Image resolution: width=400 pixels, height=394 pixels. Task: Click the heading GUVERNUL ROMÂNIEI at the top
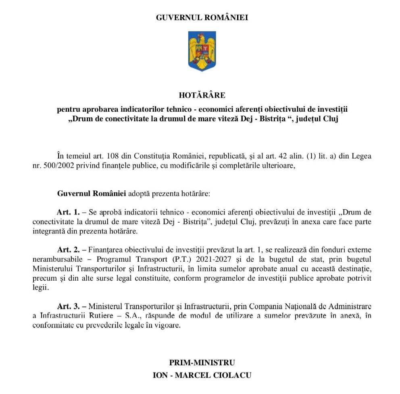202,18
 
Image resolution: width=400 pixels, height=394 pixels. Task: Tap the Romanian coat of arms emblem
202,51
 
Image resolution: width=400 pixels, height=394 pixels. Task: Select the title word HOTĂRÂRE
202,95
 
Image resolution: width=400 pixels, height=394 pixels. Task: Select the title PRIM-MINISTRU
202,362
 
